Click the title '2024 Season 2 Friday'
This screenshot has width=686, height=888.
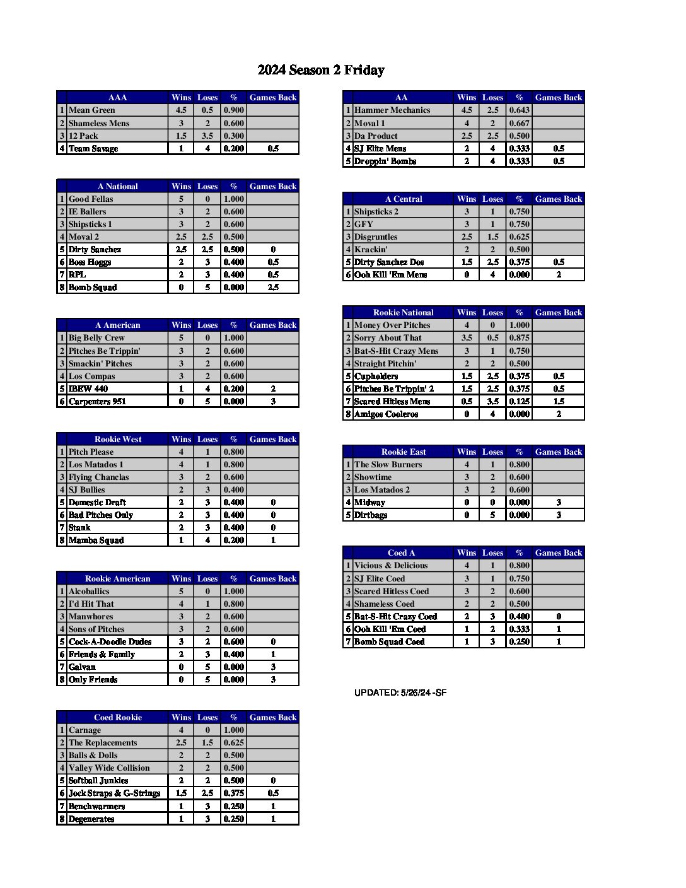point(320,70)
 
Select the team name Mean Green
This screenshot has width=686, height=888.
point(92,110)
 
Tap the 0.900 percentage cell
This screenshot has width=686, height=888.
point(233,110)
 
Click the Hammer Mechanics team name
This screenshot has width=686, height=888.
point(392,110)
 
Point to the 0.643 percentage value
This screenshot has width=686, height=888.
point(519,110)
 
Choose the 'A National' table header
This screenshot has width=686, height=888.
point(118,187)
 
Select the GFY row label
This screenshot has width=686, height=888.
point(364,225)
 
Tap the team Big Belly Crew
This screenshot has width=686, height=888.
point(96,338)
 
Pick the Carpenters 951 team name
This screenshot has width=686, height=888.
point(97,402)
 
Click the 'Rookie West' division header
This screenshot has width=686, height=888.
point(118,440)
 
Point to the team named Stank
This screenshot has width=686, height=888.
point(79,528)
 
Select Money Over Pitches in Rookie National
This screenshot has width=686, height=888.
point(392,325)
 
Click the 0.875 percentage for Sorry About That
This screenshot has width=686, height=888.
point(519,338)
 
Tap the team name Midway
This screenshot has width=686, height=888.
point(369,503)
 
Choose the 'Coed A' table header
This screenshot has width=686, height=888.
point(402,553)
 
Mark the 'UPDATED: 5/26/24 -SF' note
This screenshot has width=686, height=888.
point(400,692)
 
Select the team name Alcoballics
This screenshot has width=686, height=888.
point(89,592)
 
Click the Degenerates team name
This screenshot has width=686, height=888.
point(91,819)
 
